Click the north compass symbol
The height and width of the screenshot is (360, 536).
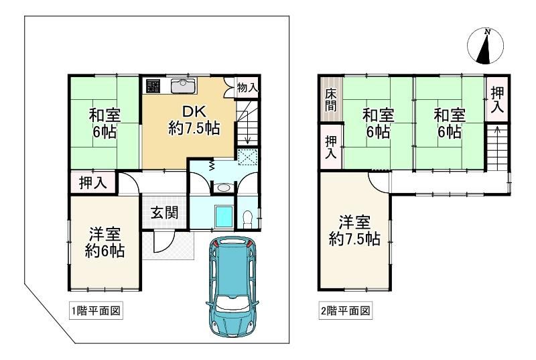pyautogui.click(x=485, y=46)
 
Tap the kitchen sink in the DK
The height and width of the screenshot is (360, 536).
pyautogui.click(x=184, y=86)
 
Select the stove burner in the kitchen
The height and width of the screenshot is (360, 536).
pyautogui.click(x=153, y=86)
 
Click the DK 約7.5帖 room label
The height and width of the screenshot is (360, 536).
pyautogui.click(x=194, y=120)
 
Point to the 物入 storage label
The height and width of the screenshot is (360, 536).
pyautogui.click(x=247, y=88)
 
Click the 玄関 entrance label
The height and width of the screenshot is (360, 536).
pyautogui.click(x=165, y=213)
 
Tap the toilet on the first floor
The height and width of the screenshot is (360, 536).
pyautogui.click(x=247, y=219)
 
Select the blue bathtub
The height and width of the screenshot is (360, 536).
pyautogui.click(x=224, y=216)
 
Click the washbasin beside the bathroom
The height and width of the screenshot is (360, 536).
pyautogui.click(x=224, y=188)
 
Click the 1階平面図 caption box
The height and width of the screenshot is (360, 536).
pyautogui.click(x=96, y=311)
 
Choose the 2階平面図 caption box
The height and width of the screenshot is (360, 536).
pyautogui.click(x=345, y=311)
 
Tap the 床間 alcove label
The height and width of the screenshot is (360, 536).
pyautogui.click(x=330, y=99)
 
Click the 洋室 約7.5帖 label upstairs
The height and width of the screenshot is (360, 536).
pyautogui.click(x=354, y=231)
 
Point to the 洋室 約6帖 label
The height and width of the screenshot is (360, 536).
pyautogui.click(x=105, y=243)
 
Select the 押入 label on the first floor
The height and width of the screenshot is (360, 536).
pyautogui.click(x=93, y=183)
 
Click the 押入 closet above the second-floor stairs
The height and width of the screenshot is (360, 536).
pyautogui.click(x=497, y=99)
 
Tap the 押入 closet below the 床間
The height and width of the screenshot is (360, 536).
pyautogui.click(x=331, y=147)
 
